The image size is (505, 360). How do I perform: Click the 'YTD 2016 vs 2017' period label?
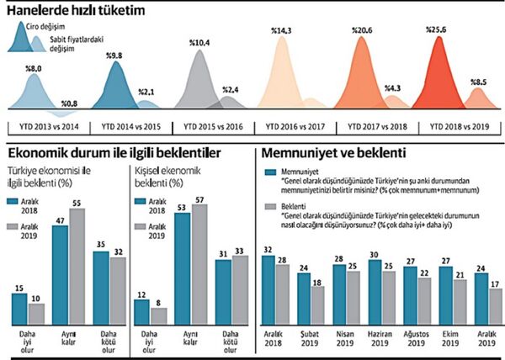point(296,124)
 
